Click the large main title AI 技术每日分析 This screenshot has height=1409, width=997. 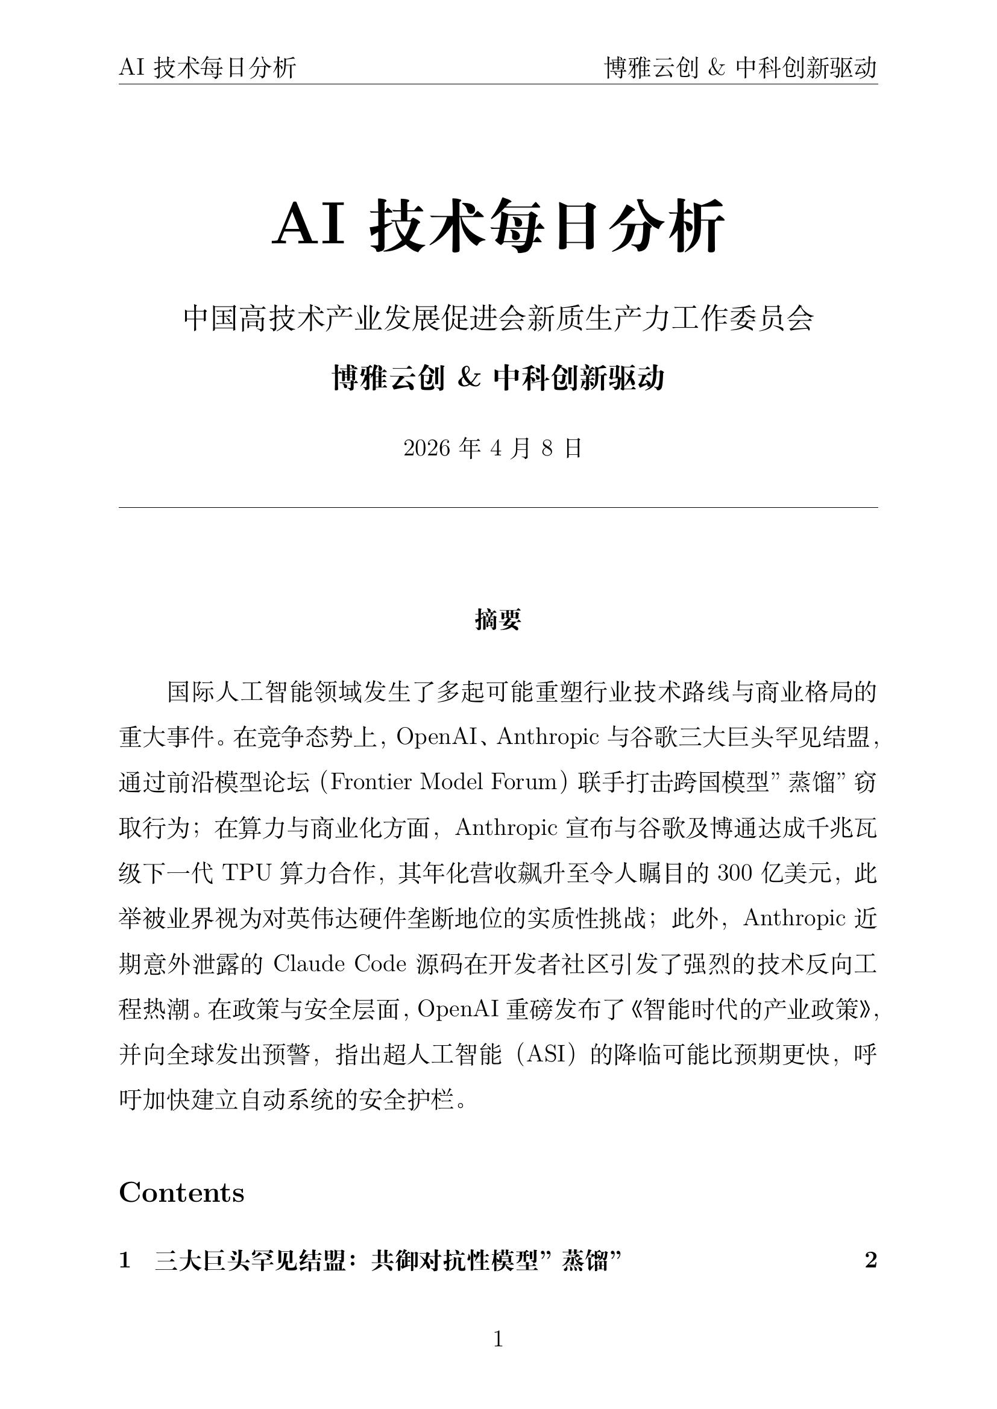(498, 225)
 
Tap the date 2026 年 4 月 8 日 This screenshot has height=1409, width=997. (492, 449)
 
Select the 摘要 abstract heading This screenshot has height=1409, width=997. (498, 620)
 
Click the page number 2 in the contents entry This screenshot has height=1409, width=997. (870, 1260)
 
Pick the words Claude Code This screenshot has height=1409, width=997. (339, 963)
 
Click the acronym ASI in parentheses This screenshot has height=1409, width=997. (546, 1054)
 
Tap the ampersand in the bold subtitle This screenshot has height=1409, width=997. (469, 378)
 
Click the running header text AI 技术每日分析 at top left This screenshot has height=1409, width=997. (207, 67)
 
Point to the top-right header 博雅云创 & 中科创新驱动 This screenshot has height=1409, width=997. (740, 67)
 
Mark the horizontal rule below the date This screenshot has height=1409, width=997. (498, 507)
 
